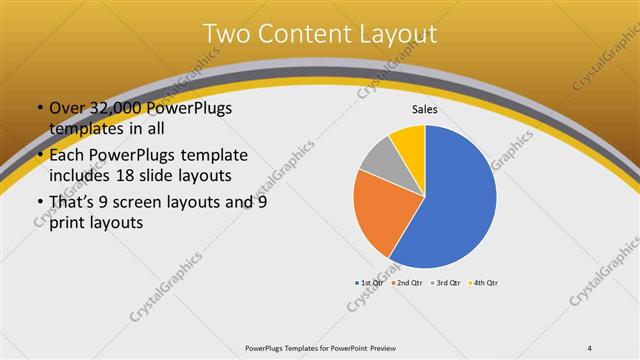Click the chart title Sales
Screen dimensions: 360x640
[425, 109]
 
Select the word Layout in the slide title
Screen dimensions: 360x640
[400, 34]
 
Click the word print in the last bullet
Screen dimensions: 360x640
[68, 223]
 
